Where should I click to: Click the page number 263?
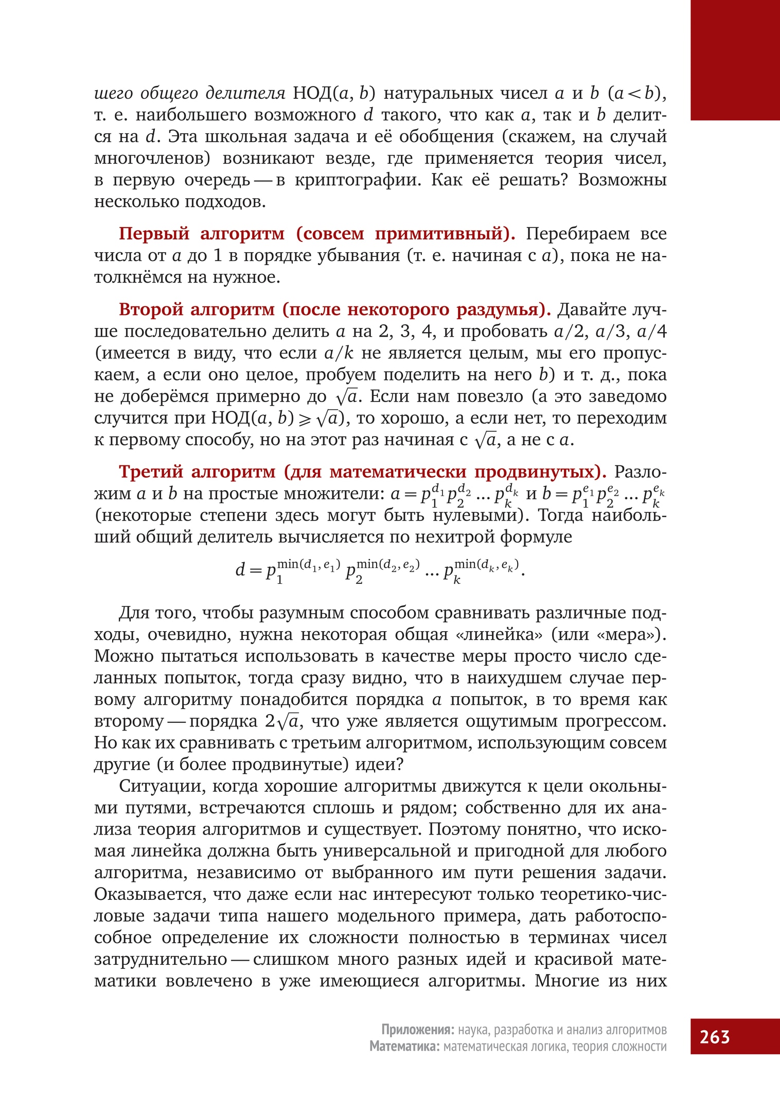coord(714,1036)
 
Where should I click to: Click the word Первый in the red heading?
coord(154,234)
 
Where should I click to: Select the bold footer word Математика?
coord(404,1046)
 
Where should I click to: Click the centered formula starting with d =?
coord(380,570)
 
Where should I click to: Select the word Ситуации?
coord(162,786)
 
